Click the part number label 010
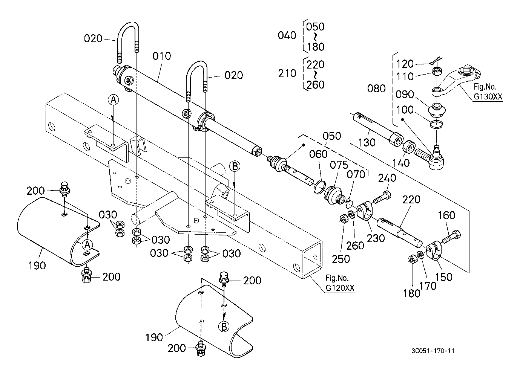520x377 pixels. [x=161, y=56]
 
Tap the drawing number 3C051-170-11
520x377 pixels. [x=433, y=351]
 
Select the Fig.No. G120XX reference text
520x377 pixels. [x=340, y=283]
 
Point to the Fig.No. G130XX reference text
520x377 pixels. [x=488, y=92]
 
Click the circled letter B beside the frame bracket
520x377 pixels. [x=235, y=166]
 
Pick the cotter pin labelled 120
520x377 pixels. [x=436, y=61]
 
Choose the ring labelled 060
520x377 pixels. [x=319, y=187]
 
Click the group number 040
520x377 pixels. [x=287, y=35]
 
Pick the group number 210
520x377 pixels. [x=287, y=73]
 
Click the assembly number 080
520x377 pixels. [x=376, y=89]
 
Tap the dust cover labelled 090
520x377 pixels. [x=437, y=110]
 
